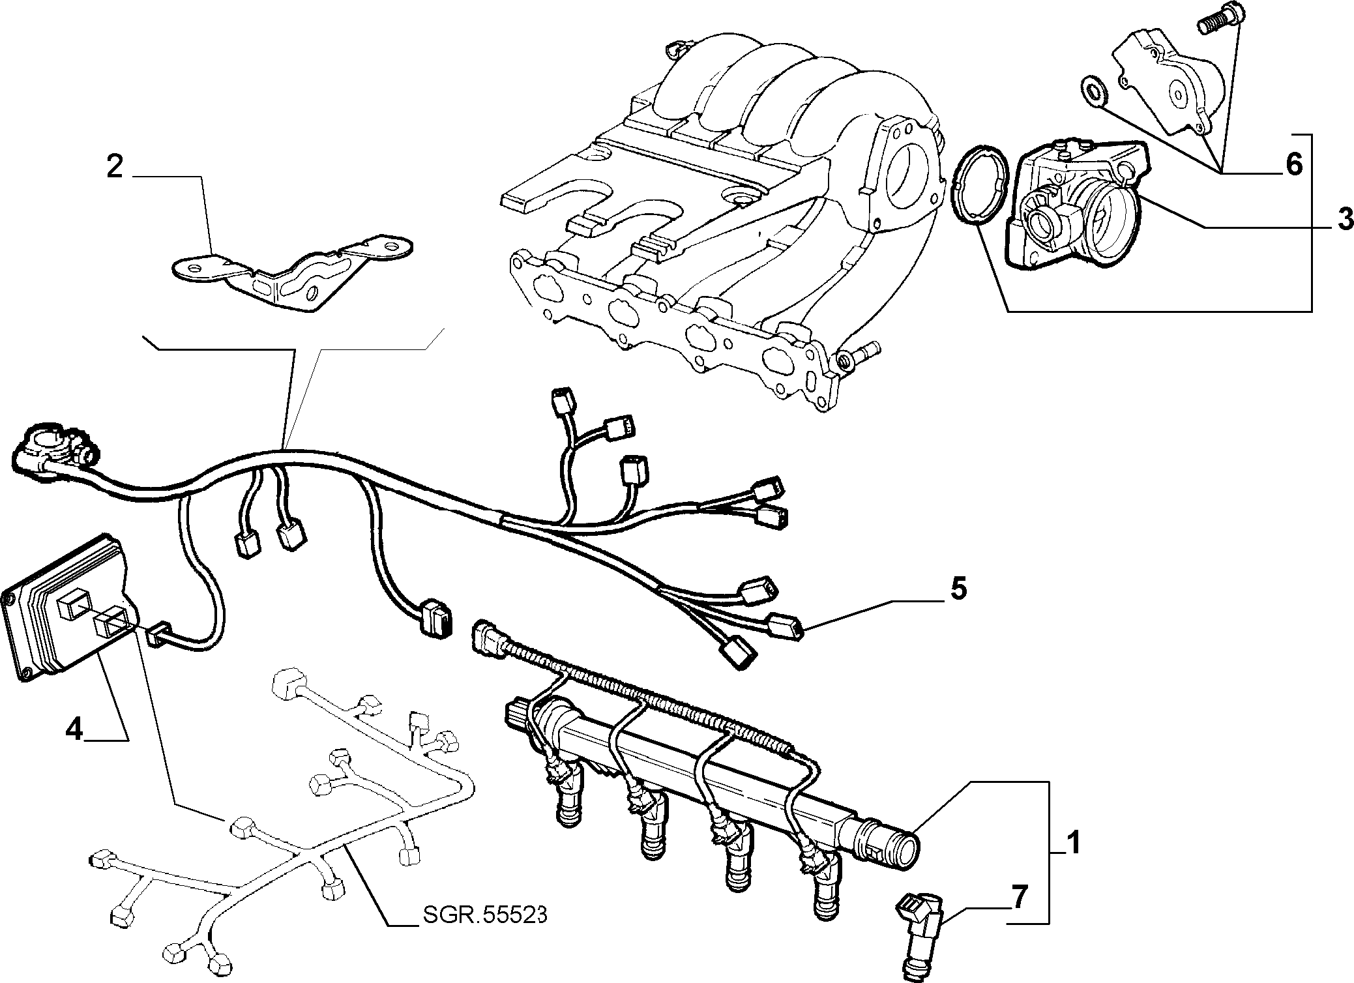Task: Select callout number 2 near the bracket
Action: click(115, 168)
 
